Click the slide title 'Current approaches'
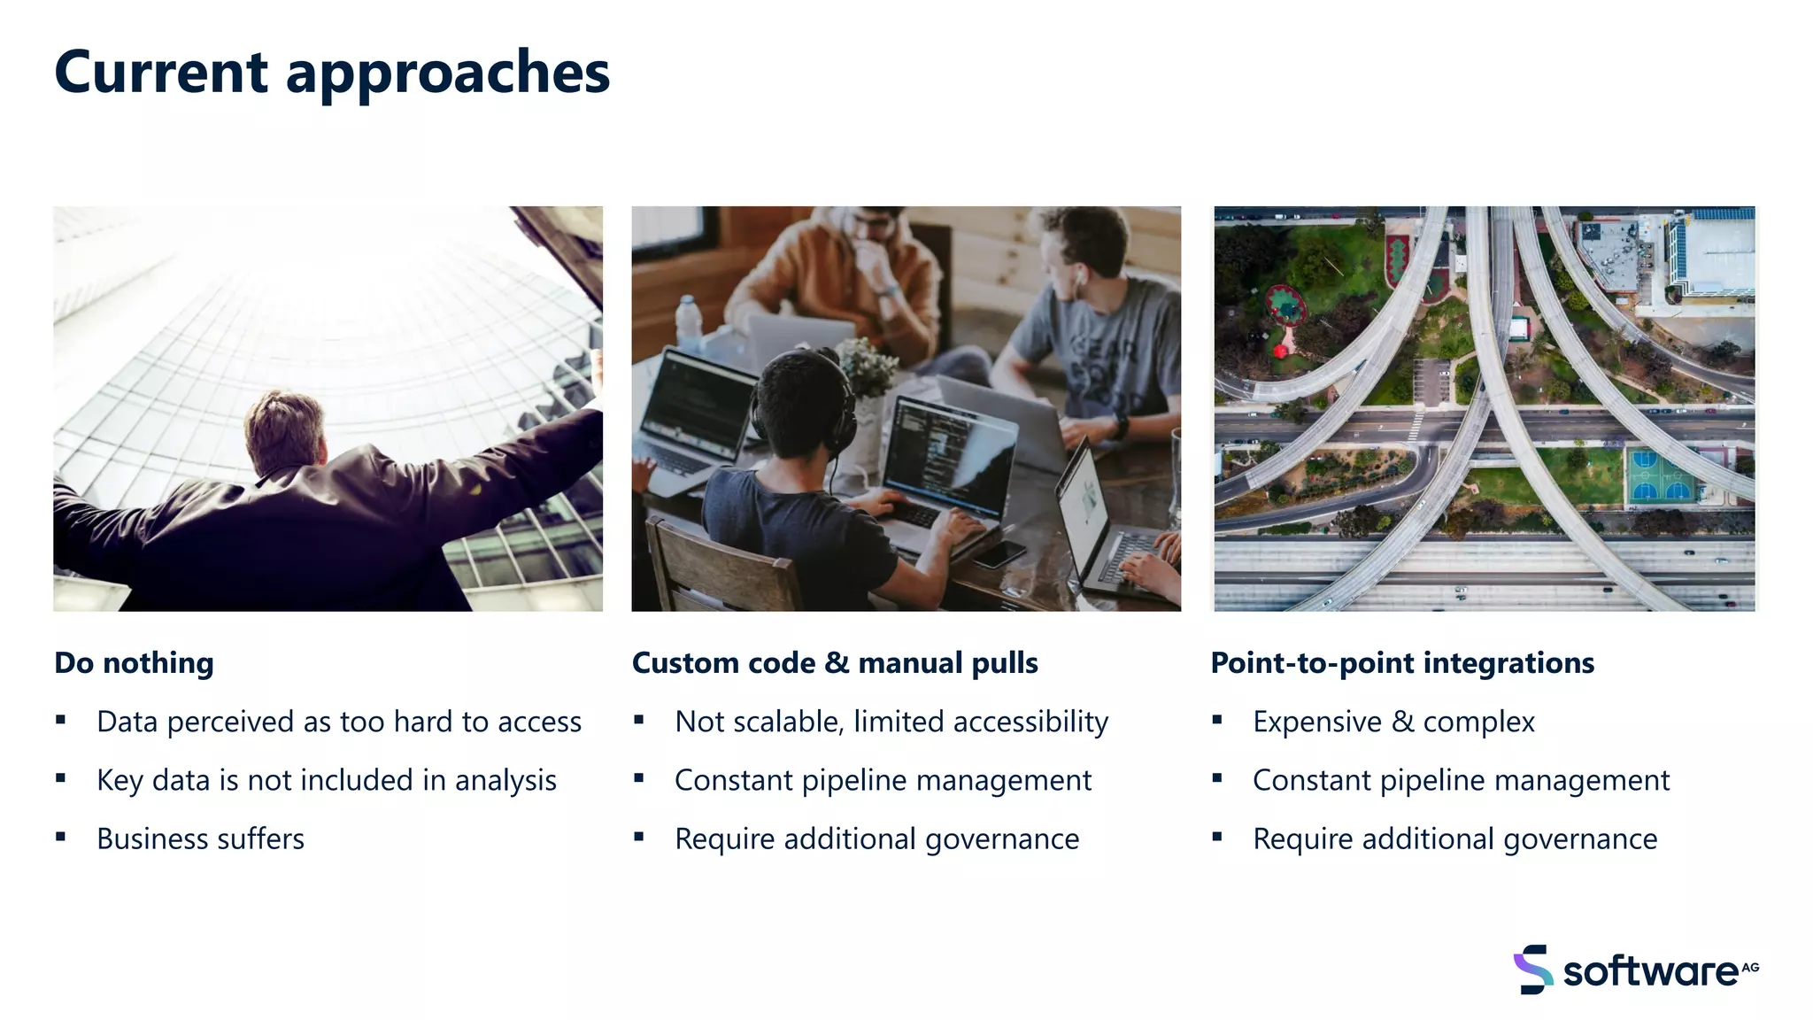[x=332, y=73]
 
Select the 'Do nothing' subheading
[x=134, y=663]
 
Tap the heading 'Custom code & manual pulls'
[x=835, y=663]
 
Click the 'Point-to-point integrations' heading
[x=1402, y=663]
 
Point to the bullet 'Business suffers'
[x=200, y=838]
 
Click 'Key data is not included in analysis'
[x=327, y=780]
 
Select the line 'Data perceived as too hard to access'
[x=339, y=722]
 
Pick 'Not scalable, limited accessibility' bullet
[x=891, y=722]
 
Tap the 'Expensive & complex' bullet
[x=1393, y=722]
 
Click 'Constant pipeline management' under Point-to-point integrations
[x=1461, y=780]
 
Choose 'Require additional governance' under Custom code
[x=876, y=838]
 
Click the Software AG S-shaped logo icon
[x=1533, y=970]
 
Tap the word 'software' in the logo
[x=1650, y=971]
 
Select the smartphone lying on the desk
[x=999, y=554]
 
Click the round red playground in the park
[x=1285, y=305]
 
